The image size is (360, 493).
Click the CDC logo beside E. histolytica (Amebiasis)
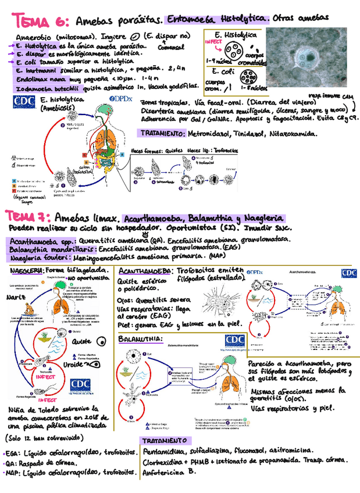[x=23, y=103]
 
